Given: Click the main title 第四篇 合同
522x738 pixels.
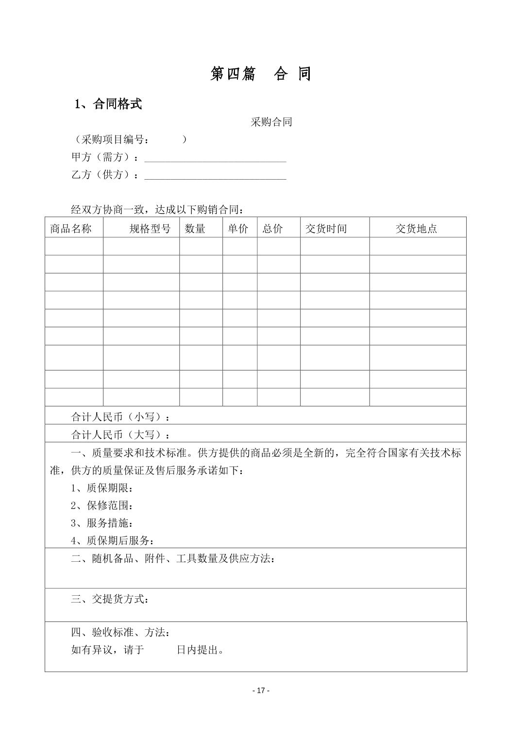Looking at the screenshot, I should pos(260,74).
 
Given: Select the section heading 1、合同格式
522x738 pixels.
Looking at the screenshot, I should pos(108,104).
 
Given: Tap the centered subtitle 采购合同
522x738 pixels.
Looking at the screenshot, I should pos(271,122).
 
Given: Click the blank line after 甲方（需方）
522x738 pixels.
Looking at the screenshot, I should pos(215,158).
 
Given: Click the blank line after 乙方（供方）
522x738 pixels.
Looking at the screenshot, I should pos(215,175).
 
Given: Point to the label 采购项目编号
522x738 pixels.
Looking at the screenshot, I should pos(116,140).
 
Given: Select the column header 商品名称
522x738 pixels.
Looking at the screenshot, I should pos(71,229).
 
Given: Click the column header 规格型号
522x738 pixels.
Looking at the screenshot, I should pos(150,229).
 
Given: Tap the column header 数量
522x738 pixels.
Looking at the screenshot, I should pos(195,229).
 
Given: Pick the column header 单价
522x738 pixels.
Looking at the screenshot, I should pos(238,229).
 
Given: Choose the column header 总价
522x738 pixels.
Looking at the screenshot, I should pos(272,229).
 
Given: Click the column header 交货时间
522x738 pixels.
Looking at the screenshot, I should pos(326,229).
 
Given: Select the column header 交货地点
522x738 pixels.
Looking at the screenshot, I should pos(416,229).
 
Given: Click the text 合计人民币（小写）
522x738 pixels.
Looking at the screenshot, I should pos(121,417).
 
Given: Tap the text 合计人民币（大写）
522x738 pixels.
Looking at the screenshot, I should pos(121,435).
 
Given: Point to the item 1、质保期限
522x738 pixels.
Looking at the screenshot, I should pos(102,488).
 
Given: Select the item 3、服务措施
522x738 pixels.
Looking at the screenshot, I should pos(102,523).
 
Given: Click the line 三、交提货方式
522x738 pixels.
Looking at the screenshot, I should pos(110,599).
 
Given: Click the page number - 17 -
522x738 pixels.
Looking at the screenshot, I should pos(261,690).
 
